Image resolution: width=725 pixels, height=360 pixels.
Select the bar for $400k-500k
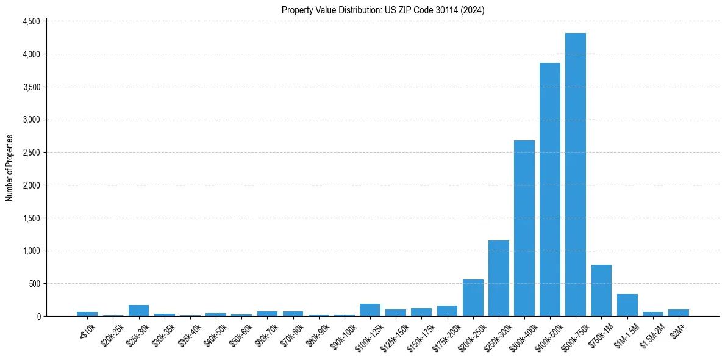pyautogui.click(x=550, y=189)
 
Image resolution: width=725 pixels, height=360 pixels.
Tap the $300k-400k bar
pyautogui.click(x=524, y=228)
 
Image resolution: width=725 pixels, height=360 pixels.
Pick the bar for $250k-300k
pyautogui.click(x=499, y=278)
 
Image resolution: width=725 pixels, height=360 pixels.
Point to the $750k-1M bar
pyautogui.click(x=601, y=290)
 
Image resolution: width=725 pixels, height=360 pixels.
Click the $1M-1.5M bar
pyautogui.click(x=627, y=305)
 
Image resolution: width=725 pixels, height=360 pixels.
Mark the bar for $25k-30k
pyautogui.click(x=138, y=311)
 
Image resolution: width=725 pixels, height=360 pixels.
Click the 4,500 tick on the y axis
pyautogui.click(x=30, y=21)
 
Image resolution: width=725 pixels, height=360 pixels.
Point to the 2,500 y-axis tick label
pyautogui.click(x=30, y=153)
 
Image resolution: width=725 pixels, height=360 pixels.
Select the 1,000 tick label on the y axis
pyautogui.click(x=30, y=251)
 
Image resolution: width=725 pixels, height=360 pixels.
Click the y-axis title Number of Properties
pyautogui.click(x=10, y=168)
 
